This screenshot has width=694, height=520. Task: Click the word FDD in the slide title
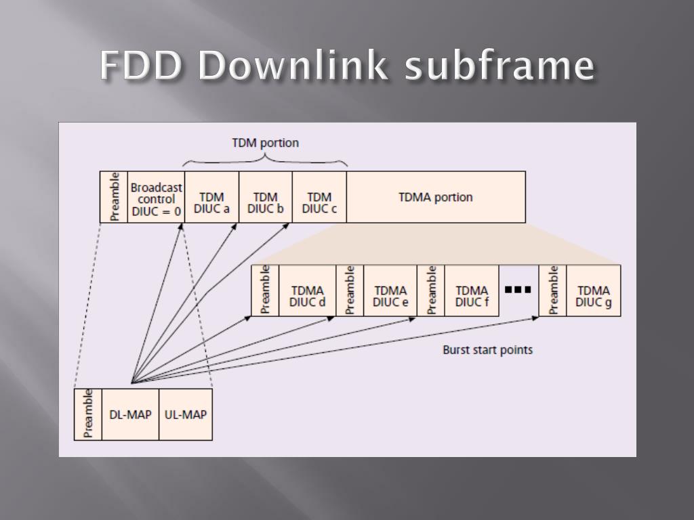click(x=142, y=66)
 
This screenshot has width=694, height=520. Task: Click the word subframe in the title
click(x=499, y=66)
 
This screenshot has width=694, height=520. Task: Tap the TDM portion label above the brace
click(x=265, y=143)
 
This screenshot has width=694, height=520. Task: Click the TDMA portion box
click(x=436, y=197)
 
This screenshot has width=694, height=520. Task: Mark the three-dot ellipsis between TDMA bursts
click(x=518, y=290)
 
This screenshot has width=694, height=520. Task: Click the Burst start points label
click(x=487, y=350)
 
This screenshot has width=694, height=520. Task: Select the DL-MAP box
click(x=130, y=414)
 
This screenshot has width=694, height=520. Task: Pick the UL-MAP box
click(x=185, y=414)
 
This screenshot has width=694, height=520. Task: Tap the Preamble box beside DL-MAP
click(x=88, y=414)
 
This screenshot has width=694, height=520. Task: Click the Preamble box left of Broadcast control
click(x=114, y=197)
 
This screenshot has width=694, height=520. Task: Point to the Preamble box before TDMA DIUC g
click(x=552, y=290)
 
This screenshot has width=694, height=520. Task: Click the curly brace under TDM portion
click(x=265, y=160)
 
